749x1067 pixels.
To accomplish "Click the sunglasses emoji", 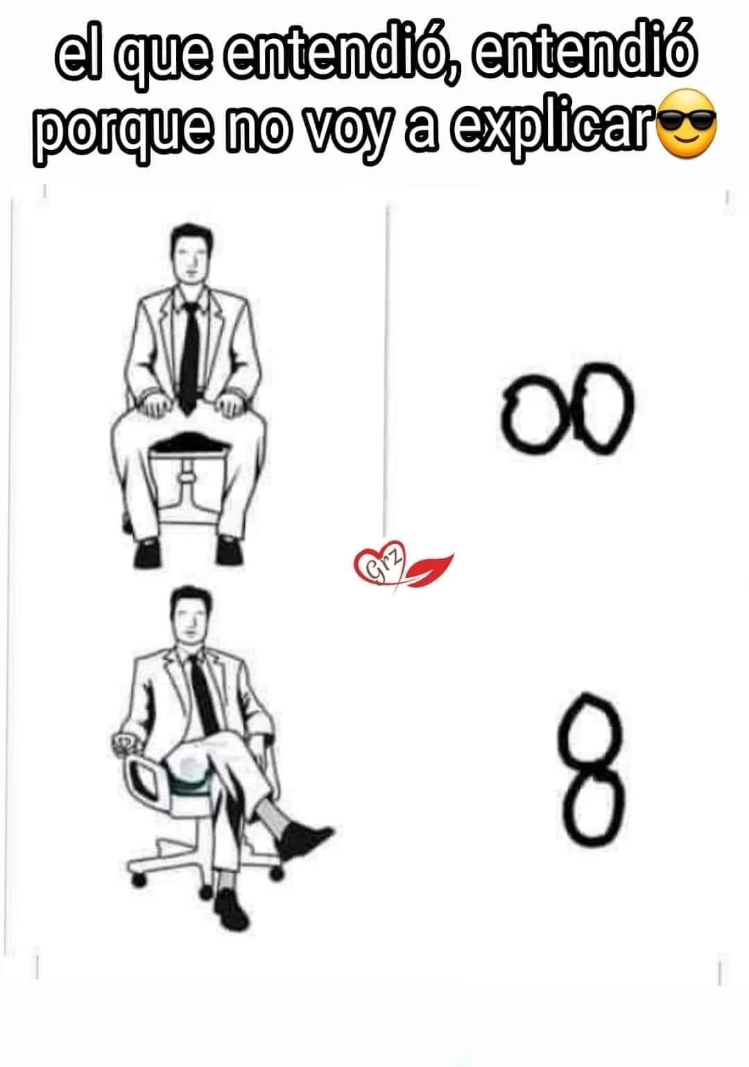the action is pyautogui.click(x=686, y=124).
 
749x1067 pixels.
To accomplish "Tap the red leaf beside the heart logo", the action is pyautogui.click(x=430, y=569).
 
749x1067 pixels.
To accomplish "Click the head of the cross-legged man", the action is pyautogui.click(x=191, y=617).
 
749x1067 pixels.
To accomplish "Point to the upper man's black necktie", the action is pyautogui.click(x=189, y=358).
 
